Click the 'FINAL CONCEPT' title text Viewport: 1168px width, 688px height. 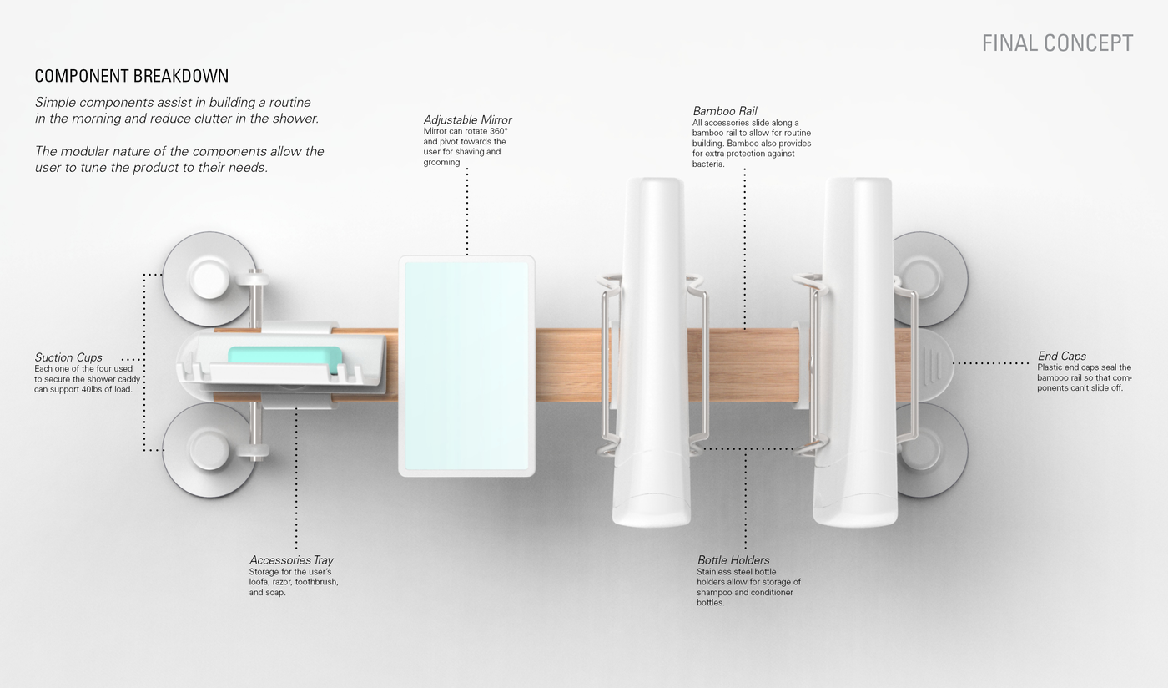click(x=1057, y=43)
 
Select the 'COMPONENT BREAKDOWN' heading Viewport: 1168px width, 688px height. click(x=131, y=77)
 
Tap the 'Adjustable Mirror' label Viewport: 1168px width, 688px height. click(x=467, y=120)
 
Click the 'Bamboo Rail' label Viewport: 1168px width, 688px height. click(x=724, y=111)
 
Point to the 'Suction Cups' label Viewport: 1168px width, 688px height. click(x=68, y=357)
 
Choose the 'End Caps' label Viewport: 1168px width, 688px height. click(x=1061, y=356)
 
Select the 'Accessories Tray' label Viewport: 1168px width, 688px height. click(x=291, y=560)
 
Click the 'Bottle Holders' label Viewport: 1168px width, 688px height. click(x=733, y=560)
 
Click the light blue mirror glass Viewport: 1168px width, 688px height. click(x=466, y=366)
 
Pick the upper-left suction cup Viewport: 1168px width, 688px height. click(x=209, y=278)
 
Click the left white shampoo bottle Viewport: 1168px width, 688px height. click(x=652, y=351)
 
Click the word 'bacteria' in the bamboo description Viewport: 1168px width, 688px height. click(x=707, y=164)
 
